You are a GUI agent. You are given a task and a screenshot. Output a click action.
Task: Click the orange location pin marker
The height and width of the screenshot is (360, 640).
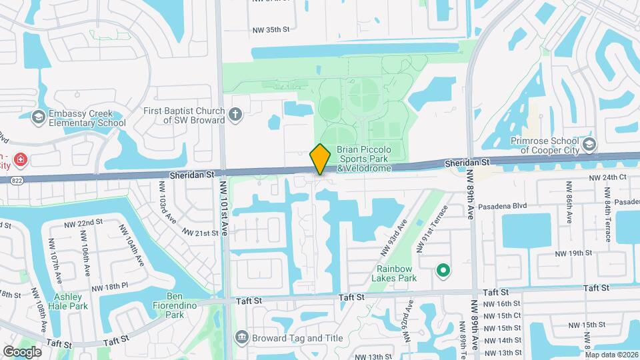tap(321, 159)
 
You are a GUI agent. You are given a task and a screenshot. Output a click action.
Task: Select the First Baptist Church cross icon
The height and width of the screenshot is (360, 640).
tap(235, 114)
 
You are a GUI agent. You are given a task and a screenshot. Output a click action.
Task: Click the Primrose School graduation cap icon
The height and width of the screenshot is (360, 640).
tap(589, 145)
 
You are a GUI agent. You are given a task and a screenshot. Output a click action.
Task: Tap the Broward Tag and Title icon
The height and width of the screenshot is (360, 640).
tap(241, 337)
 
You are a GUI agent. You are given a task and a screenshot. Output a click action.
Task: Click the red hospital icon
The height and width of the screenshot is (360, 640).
tap(20, 160)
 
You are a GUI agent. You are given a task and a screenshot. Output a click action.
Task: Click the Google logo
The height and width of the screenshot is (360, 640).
tap(22, 351)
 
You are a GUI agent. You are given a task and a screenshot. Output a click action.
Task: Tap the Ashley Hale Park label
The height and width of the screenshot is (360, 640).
tap(69, 301)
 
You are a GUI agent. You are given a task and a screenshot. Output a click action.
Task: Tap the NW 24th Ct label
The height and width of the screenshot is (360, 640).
tap(608, 178)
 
